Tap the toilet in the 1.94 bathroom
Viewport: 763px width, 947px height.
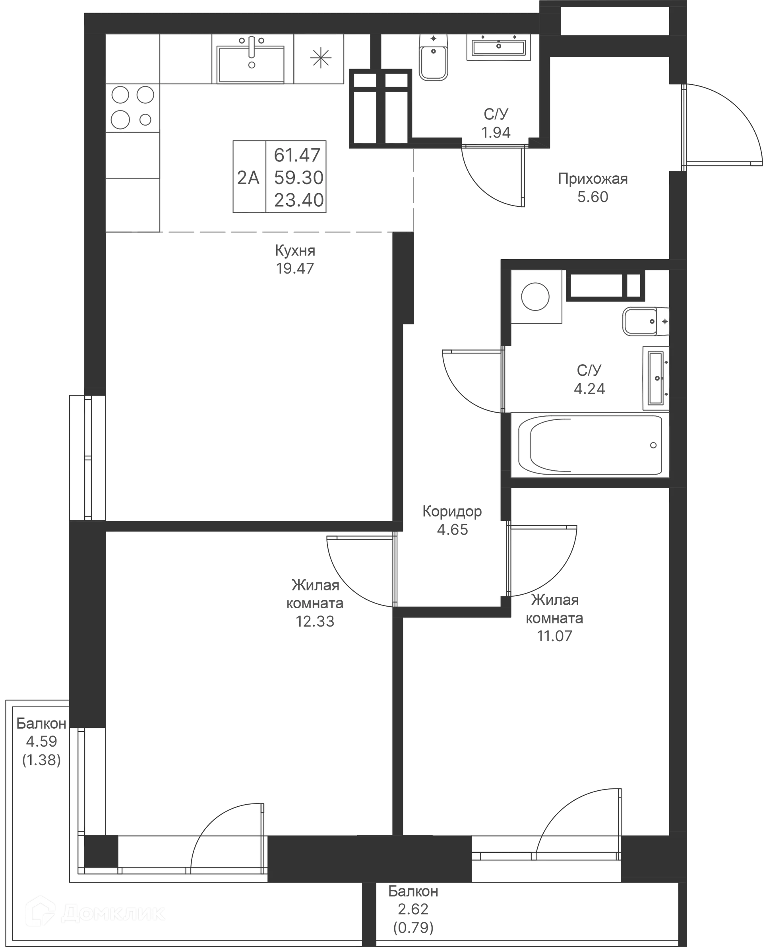(434, 57)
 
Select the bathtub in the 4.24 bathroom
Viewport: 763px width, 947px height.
(590, 445)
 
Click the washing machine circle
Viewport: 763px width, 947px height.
(535, 296)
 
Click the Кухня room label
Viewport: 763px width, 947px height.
(295, 250)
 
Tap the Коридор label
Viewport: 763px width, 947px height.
(452, 511)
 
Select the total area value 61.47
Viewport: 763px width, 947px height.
(298, 155)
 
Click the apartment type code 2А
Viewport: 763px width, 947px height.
(248, 178)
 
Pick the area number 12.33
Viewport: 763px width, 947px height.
(315, 621)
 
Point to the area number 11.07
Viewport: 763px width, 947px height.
(555, 636)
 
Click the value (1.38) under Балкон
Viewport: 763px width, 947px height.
(42, 760)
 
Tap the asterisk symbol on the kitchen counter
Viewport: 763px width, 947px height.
(320, 58)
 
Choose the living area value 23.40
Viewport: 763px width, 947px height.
(299, 200)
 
